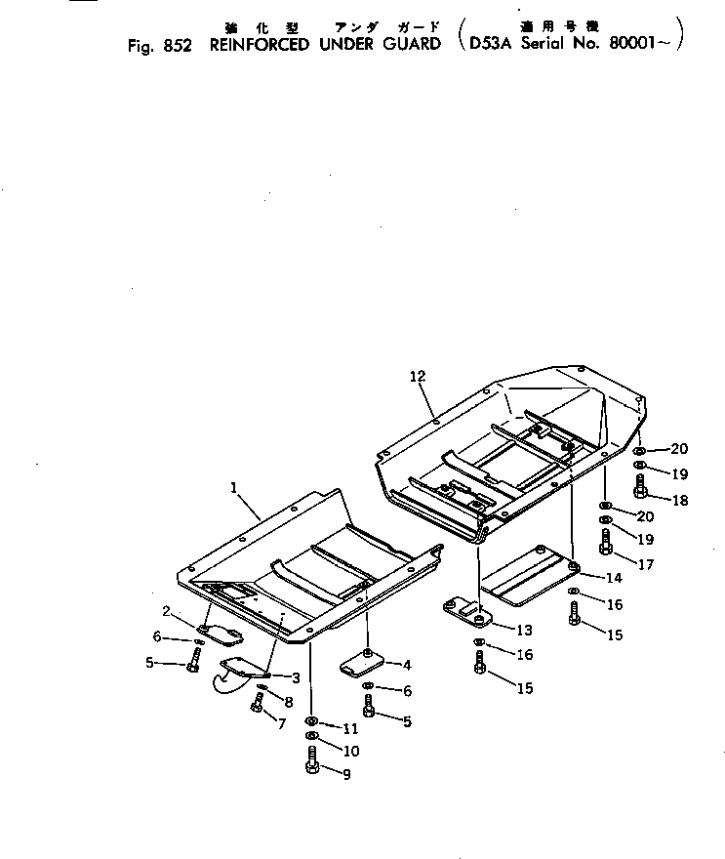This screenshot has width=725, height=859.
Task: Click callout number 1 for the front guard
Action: tap(234, 485)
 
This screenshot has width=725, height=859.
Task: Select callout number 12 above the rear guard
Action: tap(418, 376)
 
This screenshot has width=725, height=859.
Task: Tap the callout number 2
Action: tap(167, 611)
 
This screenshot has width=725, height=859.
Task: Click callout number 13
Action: tap(524, 630)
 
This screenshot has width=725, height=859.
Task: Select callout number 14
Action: tap(613, 577)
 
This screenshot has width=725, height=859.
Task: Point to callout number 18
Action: tap(678, 499)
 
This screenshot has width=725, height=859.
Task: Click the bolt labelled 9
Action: tap(312, 763)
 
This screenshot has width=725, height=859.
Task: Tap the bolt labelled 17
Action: tap(606, 542)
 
